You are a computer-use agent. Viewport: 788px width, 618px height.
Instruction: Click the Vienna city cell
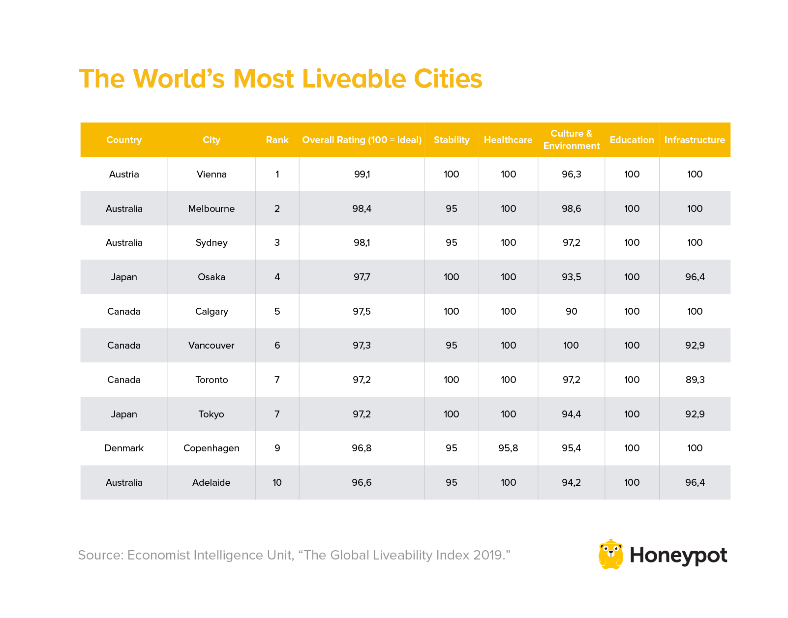point(212,174)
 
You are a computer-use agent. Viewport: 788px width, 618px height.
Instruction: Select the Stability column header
point(451,140)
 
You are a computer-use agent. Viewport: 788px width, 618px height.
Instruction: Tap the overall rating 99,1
point(362,174)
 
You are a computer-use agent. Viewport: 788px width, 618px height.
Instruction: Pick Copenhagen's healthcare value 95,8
point(508,448)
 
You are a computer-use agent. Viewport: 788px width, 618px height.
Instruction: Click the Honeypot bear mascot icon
point(610,555)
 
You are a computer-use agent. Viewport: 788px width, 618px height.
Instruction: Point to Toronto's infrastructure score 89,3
point(695,380)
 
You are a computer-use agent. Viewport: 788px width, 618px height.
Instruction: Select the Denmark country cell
point(124,448)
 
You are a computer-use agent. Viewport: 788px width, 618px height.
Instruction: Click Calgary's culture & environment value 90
point(571,311)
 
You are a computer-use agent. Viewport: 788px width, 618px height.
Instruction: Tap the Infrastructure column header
point(694,140)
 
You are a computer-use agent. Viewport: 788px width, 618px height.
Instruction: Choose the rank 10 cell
point(277,482)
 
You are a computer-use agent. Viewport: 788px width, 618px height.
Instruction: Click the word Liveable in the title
point(354,79)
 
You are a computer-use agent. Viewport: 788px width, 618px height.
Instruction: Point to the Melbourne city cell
point(212,208)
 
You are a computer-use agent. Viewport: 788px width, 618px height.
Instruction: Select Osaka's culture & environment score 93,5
point(571,277)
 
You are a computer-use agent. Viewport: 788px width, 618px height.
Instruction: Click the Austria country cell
point(124,174)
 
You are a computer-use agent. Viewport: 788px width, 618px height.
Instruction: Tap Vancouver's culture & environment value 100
point(571,345)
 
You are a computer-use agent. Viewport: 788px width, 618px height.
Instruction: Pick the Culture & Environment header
point(571,140)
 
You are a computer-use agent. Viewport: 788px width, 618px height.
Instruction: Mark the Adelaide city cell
point(212,482)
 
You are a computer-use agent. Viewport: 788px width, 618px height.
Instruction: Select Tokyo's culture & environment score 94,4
point(571,414)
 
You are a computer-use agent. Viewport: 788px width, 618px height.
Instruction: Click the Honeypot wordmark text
point(678,556)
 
